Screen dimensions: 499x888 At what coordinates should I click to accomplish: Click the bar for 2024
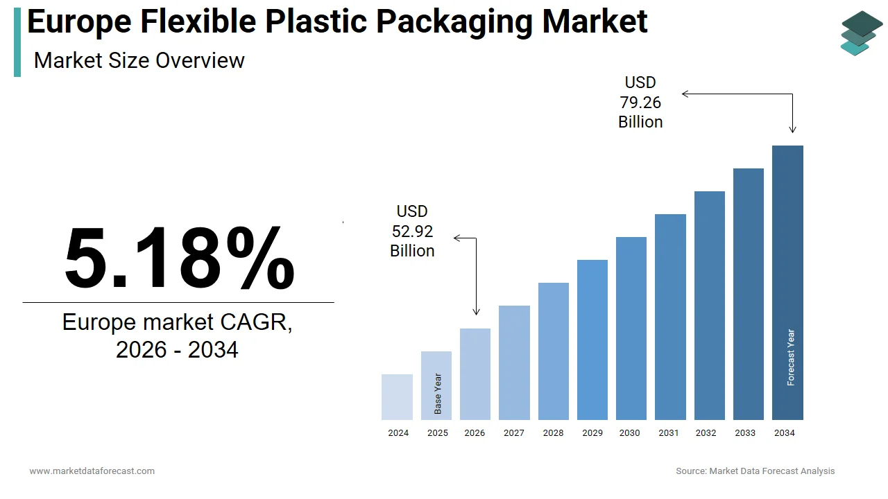397,397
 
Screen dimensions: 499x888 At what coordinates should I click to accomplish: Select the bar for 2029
592,340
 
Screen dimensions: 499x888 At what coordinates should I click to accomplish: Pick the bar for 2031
670,317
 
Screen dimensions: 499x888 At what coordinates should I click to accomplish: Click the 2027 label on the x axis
514,433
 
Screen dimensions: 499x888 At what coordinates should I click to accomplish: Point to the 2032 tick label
706,433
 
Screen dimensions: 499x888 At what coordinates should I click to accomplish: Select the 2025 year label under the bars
437,433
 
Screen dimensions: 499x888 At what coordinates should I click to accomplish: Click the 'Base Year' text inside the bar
438,394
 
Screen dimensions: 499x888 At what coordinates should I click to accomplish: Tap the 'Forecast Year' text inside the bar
791,358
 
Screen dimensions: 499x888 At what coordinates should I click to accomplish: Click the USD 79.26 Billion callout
640,103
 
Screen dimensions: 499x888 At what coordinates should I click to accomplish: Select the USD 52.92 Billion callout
412,231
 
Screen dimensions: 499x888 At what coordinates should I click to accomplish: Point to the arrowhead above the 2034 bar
792,129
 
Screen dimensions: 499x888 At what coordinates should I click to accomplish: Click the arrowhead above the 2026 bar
476,312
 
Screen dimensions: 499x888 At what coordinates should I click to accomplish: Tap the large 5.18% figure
179,258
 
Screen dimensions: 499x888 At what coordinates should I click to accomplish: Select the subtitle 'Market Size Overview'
139,61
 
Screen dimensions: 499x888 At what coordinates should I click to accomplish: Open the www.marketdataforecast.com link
92,471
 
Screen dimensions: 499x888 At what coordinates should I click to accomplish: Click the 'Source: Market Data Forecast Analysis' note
755,471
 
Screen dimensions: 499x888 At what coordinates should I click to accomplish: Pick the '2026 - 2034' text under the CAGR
177,350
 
